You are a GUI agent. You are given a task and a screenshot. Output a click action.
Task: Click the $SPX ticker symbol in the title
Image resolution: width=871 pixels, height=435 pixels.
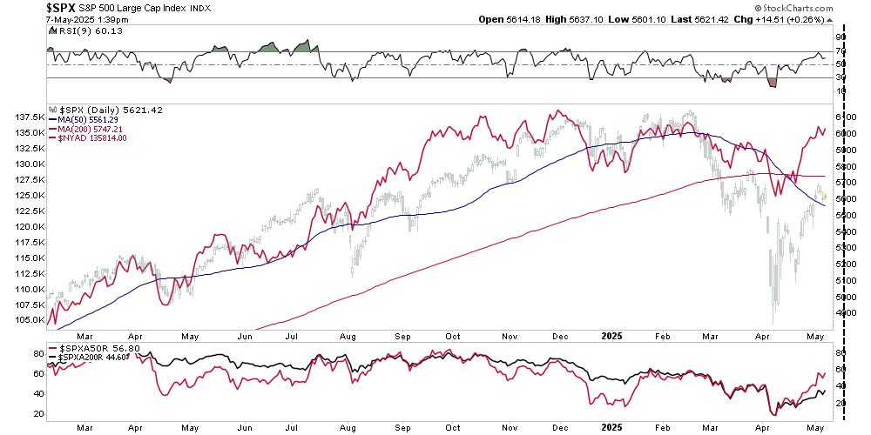pos(23,7)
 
